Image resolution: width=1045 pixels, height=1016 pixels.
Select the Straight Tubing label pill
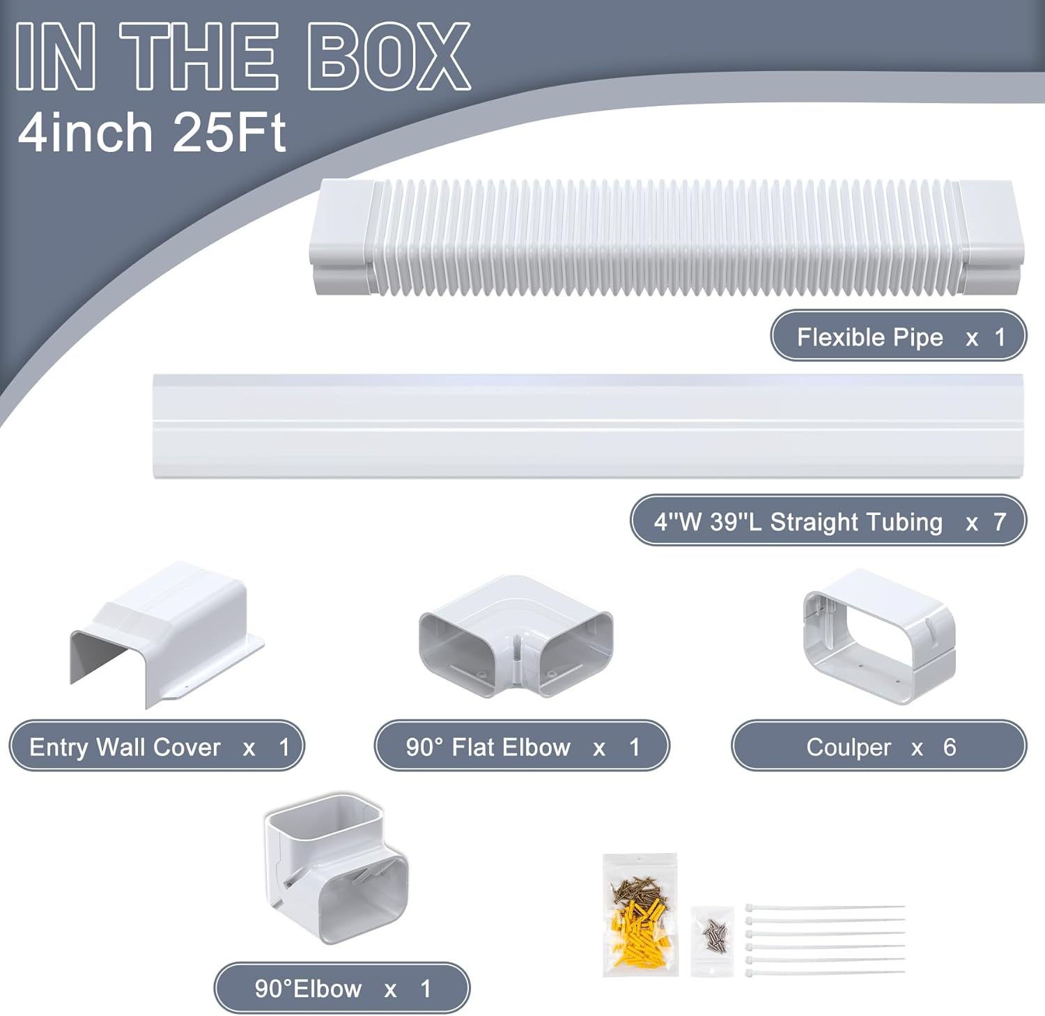click(x=828, y=521)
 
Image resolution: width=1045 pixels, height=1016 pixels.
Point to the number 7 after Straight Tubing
click(x=1000, y=521)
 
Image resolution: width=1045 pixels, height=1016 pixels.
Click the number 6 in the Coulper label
click(x=950, y=747)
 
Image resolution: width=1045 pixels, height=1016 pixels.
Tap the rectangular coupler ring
click(x=879, y=636)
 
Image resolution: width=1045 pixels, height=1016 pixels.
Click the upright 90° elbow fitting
click(x=335, y=868)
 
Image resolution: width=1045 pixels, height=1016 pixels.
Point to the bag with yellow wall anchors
click(x=640, y=914)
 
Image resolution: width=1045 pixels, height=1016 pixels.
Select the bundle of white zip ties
click(x=825, y=939)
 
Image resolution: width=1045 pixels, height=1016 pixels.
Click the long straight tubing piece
click(x=589, y=426)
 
